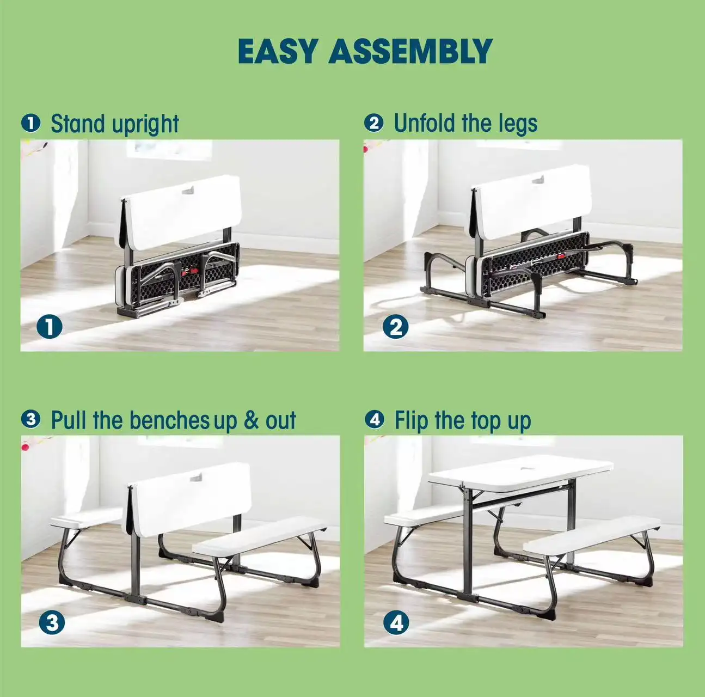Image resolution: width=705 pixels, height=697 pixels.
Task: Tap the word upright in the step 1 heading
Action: coord(145,125)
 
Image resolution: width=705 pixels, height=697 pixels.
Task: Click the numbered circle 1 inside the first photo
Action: coord(50,327)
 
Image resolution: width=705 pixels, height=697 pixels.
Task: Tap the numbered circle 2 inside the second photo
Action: coord(395,327)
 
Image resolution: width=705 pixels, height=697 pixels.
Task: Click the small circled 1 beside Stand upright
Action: coord(30,124)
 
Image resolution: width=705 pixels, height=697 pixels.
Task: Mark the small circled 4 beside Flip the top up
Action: coord(375,419)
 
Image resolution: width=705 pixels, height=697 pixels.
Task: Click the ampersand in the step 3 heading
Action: coord(251,420)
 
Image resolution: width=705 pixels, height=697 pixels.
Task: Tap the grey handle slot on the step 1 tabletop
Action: coord(188,190)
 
